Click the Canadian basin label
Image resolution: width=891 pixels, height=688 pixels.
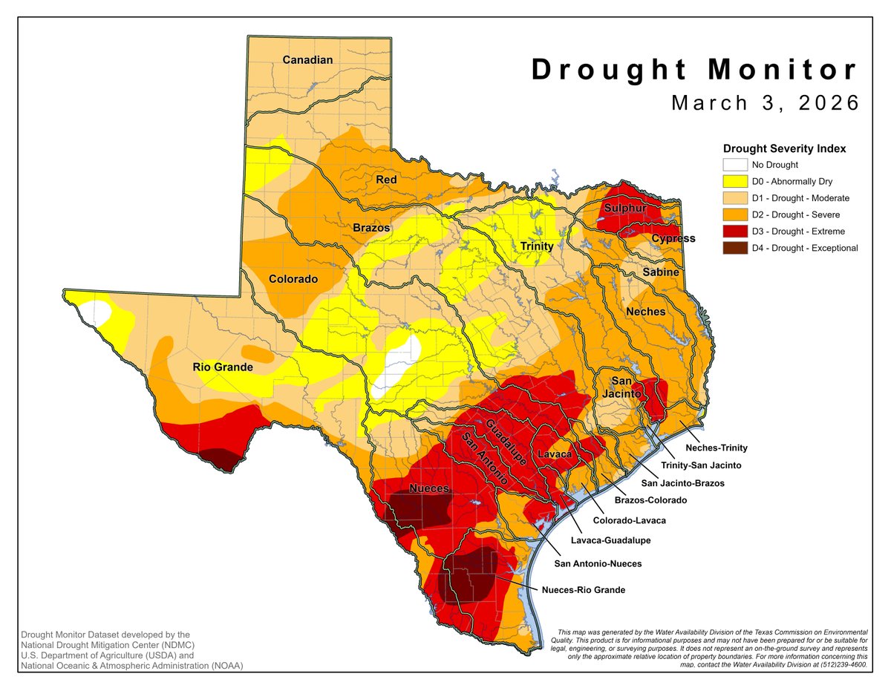[308, 59]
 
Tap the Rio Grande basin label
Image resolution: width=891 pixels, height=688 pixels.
[223, 367]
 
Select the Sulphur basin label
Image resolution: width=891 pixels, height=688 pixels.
[624, 209]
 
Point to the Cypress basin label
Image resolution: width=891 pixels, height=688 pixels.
[673, 238]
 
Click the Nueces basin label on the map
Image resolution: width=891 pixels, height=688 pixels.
[429, 488]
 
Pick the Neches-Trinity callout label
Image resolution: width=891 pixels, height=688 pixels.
[716, 448]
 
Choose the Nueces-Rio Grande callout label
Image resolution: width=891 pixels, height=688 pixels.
[584, 590]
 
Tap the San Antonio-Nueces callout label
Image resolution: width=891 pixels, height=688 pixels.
[598, 563]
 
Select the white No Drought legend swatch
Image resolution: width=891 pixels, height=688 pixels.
[734, 166]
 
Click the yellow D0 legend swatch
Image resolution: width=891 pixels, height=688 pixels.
[734, 182]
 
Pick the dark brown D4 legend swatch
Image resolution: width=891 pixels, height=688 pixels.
[734, 248]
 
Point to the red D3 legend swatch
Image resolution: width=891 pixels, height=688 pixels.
[734, 232]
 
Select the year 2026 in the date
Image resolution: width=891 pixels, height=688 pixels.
[826, 103]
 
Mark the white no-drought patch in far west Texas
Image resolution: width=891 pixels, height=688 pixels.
[95, 312]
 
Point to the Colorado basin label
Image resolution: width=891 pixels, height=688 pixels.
[293, 280]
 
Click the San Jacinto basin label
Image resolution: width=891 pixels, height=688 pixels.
[621, 387]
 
